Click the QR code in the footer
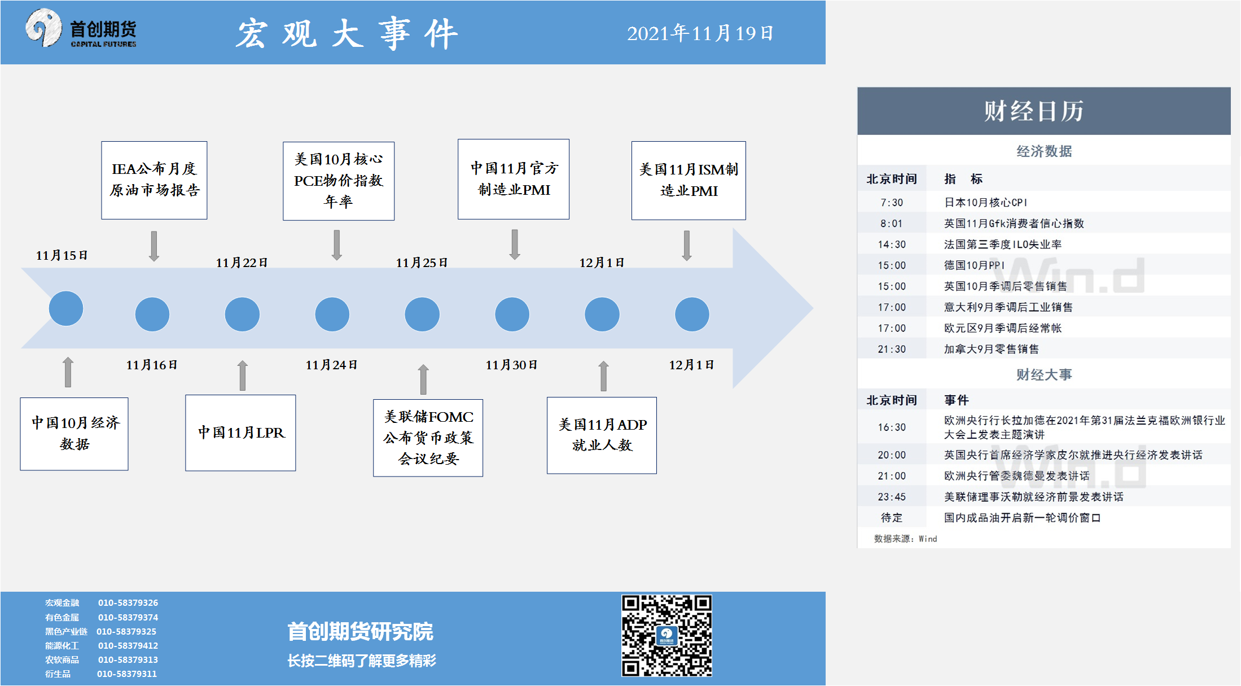(x=666, y=635)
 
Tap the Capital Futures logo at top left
(x=81, y=28)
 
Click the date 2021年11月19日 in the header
(x=700, y=33)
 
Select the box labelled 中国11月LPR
(x=240, y=432)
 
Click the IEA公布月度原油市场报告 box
(x=154, y=180)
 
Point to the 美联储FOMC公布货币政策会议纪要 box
(x=428, y=438)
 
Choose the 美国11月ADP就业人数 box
(x=602, y=435)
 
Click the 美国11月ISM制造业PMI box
(x=689, y=180)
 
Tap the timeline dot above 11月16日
(x=152, y=314)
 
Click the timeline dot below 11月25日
(x=422, y=314)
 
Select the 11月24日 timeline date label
(x=331, y=365)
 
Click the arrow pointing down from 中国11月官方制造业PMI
(x=515, y=244)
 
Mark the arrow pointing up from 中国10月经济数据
(x=68, y=372)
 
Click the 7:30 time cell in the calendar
(x=892, y=202)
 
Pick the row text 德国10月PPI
(x=974, y=265)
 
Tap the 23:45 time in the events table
(x=892, y=497)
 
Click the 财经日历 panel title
(x=1034, y=111)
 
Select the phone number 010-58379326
(x=128, y=602)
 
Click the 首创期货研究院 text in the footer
(x=360, y=631)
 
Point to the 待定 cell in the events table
(x=892, y=518)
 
